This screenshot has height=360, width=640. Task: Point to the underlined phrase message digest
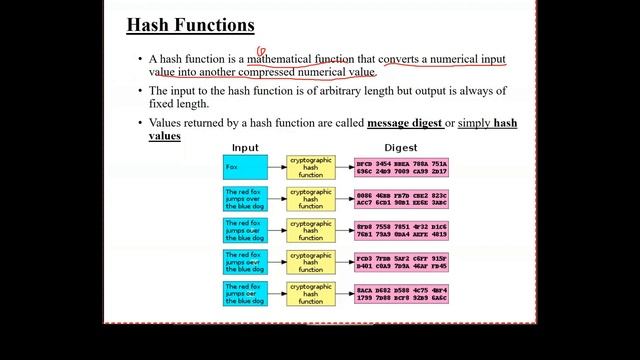point(405,123)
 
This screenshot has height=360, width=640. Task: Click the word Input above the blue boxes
point(245,148)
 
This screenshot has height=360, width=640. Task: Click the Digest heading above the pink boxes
point(400,148)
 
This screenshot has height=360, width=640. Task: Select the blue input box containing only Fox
point(245,167)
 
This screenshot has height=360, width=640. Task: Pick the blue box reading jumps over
point(245,199)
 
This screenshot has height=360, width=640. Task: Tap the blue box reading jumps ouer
point(245,231)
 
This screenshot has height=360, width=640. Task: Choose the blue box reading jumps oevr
point(245,262)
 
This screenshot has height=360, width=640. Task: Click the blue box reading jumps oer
point(245,293)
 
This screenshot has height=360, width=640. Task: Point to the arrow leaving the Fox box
point(277,167)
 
